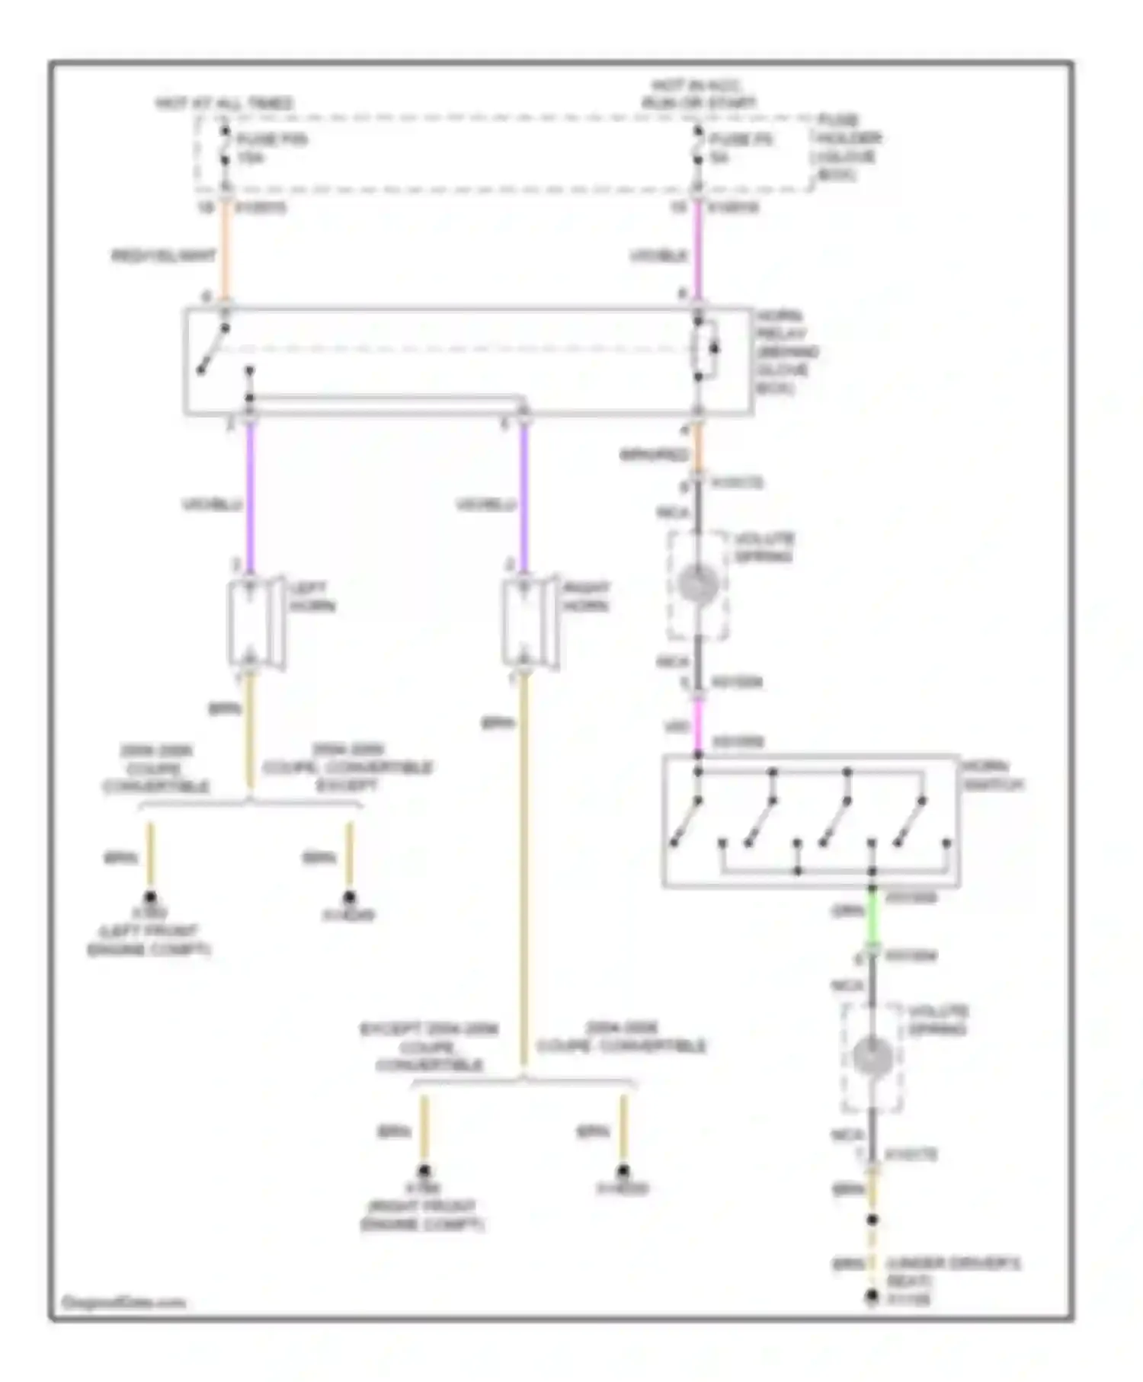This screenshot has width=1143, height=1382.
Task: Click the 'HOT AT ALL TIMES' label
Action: tap(224, 103)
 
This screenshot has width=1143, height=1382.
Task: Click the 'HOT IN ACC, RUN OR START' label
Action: tap(699, 94)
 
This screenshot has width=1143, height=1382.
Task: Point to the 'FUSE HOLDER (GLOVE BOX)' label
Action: tap(849, 147)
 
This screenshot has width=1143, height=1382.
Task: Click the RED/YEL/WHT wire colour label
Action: tap(163, 256)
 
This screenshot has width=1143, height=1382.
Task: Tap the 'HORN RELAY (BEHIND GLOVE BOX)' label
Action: tap(786, 351)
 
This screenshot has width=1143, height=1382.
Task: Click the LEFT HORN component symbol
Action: tap(255, 623)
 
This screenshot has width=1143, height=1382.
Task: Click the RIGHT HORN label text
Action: tap(586, 597)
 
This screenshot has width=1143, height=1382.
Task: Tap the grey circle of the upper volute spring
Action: tap(698, 585)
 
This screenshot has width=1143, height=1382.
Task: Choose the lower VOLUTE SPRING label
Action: tap(937, 1020)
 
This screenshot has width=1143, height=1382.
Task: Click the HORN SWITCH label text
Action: tap(992, 775)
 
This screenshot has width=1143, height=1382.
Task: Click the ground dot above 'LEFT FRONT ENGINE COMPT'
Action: tap(150, 897)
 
